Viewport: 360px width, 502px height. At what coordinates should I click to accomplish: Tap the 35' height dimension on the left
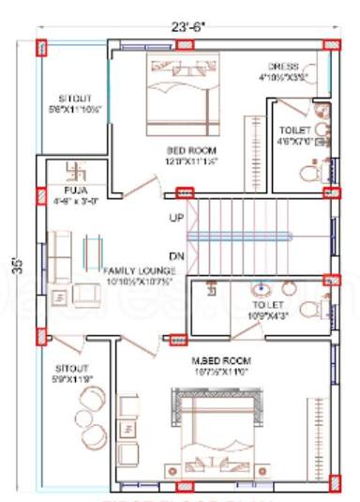(15, 262)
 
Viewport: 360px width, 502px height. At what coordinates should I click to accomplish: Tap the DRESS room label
(282, 67)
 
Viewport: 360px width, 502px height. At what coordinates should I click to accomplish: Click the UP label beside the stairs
(175, 219)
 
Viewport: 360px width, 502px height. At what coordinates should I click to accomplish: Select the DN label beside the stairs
(175, 255)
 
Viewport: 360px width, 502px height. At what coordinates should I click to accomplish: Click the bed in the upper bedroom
(183, 86)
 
